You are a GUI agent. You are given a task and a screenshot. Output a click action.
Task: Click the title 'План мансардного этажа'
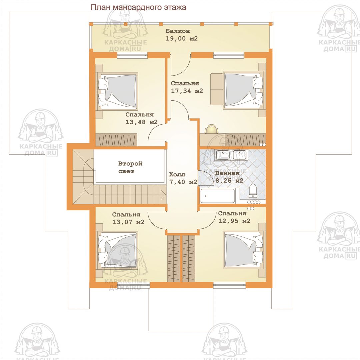click(x=138, y=7)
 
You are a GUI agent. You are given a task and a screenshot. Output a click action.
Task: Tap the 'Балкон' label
click(x=178, y=31)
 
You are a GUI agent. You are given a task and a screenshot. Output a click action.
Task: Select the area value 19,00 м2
click(x=182, y=38)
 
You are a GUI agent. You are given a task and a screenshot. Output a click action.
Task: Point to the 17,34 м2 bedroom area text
click(x=187, y=91)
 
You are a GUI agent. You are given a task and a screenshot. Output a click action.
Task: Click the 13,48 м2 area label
click(x=141, y=122)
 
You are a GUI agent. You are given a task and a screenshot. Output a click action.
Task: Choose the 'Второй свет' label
click(x=130, y=167)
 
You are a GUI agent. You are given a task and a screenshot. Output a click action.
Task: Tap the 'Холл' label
click(x=177, y=174)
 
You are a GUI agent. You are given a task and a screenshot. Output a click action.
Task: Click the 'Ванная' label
click(x=227, y=173)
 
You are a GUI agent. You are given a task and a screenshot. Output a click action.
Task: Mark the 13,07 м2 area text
click(x=128, y=222)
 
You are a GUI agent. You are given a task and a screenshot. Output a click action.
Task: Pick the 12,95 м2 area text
click(x=234, y=221)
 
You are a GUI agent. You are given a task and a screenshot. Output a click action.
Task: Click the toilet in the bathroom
click(x=253, y=191)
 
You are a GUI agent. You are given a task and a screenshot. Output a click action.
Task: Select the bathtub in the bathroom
click(x=217, y=196)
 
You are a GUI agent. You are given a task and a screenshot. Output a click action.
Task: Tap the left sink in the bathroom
click(x=222, y=155)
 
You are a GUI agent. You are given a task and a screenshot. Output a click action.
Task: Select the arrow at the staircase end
click(x=163, y=195)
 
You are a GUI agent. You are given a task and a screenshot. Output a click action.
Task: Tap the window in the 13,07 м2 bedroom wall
click(x=134, y=285)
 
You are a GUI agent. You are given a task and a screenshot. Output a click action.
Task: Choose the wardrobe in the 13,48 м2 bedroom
click(x=116, y=140)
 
